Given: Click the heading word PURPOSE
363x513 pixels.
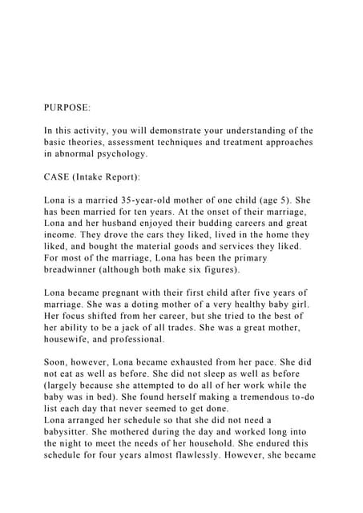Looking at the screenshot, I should click(x=67, y=106).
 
